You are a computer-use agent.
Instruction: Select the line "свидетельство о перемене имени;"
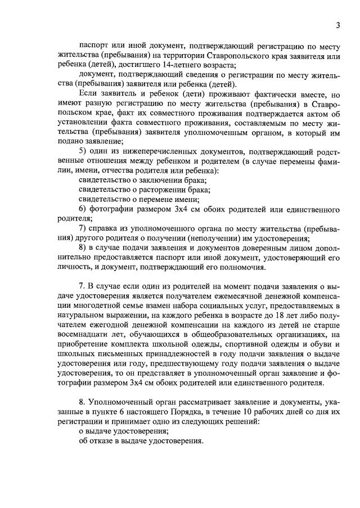(139, 199)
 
